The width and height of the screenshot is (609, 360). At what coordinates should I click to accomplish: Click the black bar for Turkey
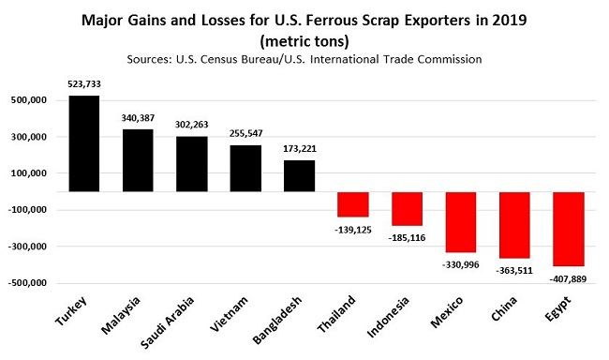pos(84,143)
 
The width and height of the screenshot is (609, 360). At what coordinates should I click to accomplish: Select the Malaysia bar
pos(138,160)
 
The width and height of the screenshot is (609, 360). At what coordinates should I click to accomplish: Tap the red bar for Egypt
pos(570,229)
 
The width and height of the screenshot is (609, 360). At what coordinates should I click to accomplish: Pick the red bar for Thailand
pos(353,204)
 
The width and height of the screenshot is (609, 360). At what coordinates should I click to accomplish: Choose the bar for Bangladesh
pos(300,175)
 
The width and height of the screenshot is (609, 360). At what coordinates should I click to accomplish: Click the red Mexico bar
pos(462,222)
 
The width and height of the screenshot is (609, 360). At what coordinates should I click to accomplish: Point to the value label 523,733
pos(84,84)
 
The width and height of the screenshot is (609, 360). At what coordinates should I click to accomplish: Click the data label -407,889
pos(569,277)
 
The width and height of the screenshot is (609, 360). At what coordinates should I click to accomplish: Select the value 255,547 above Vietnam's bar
pos(245,134)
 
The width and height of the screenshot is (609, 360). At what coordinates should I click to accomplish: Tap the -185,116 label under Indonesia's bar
pos(408,239)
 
